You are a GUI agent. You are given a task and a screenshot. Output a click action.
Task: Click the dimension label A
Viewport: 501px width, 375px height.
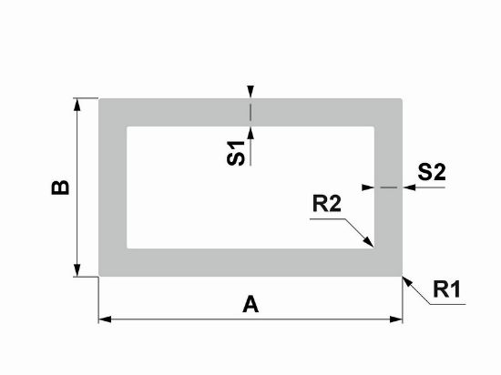point(250,304)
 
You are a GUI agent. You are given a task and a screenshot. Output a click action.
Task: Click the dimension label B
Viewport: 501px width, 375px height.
point(60,187)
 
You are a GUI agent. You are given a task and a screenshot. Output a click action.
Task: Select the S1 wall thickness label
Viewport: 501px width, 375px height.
point(236,153)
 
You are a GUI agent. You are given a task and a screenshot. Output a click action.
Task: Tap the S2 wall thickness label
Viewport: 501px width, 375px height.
point(432,172)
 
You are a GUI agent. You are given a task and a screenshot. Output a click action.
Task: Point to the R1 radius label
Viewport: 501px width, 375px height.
point(446,289)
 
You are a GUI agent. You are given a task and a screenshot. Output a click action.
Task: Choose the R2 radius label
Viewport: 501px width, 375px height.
point(327,204)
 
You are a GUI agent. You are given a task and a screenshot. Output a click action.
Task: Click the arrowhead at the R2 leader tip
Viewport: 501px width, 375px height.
point(369,242)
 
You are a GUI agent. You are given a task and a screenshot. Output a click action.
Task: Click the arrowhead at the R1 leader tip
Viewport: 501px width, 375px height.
point(407,281)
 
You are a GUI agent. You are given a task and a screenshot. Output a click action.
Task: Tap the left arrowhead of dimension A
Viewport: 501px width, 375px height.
point(105,319)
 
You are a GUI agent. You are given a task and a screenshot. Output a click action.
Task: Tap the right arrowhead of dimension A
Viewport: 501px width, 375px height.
point(396,319)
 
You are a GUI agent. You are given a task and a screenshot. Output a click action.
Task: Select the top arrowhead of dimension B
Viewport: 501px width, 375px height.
point(77,105)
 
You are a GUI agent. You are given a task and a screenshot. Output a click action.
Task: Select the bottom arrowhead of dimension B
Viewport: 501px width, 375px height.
point(77,270)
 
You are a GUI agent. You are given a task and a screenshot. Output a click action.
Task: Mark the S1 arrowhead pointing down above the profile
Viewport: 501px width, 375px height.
point(250,92)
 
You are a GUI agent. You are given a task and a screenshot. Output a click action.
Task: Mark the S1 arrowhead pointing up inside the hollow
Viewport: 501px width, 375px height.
point(250,133)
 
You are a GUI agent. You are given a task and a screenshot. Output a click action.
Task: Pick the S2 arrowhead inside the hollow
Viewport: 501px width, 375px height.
point(368,187)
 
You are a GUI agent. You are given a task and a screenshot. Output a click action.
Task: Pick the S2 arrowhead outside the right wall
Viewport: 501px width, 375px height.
point(409,187)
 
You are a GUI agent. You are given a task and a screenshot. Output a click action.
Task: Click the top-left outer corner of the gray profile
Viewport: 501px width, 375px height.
point(99,99)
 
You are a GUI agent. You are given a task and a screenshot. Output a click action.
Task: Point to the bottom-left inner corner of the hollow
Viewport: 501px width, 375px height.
point(128,248)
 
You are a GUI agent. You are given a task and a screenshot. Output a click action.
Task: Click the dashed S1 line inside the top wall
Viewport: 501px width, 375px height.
point(250,112)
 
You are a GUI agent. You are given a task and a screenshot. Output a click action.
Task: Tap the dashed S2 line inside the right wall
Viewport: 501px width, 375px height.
point(389,187)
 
